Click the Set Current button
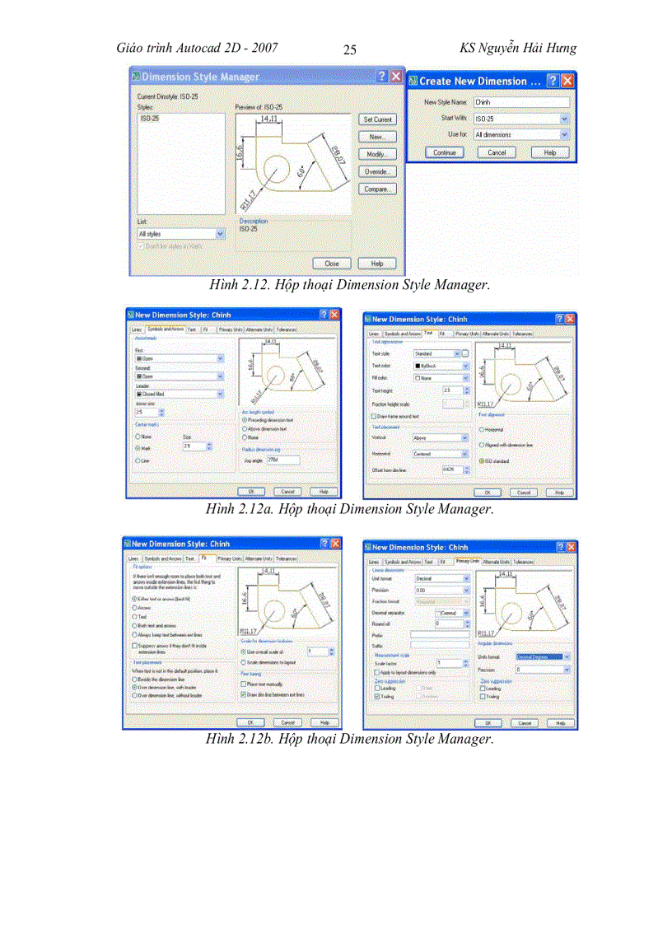click(378, 119)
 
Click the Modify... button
click(378, 154)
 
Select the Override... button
click(378, 171)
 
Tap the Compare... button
click(378, 189)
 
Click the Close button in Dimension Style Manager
click(332, 264)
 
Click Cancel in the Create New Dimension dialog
click(497, 152)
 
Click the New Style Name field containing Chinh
click(521, 102)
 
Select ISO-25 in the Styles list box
click(147, 119)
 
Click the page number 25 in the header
click(349, 50)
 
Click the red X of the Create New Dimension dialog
click(567, 82)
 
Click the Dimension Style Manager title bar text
click(200, 77)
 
